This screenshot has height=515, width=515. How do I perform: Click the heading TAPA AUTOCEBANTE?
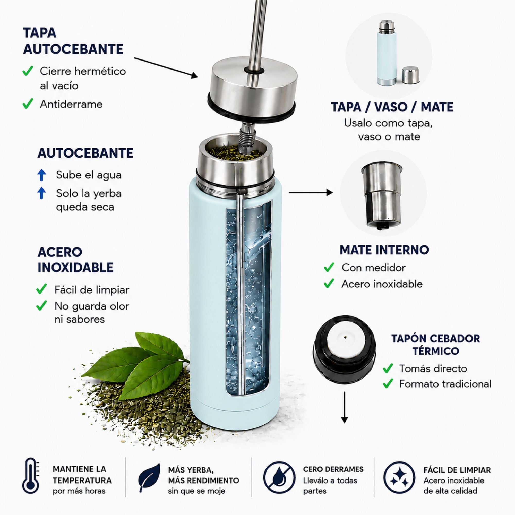[73, 41]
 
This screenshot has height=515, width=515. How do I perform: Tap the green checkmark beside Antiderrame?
[28, 104]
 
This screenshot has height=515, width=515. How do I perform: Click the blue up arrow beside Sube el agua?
[41, 175]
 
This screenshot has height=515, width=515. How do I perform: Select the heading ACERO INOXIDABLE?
[75, 260]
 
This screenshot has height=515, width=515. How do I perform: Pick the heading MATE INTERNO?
[384, 250]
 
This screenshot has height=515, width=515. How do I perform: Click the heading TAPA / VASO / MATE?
[392, 107]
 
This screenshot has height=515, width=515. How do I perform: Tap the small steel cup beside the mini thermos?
[410, 75]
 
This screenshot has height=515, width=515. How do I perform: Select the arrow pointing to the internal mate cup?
[311, 192]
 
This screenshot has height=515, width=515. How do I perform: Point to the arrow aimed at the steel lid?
[166, 68]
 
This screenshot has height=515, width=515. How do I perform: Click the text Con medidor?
[373, 268]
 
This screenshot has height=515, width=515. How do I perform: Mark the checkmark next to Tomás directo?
[388, 368]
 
